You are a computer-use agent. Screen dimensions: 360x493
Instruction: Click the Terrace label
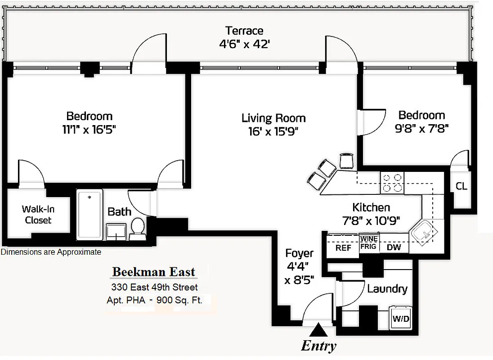click(x=244, y=31)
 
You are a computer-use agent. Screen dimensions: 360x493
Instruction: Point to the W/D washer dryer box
click(x=401, y=319)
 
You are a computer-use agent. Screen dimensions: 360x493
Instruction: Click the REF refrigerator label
click(x=343, y=247)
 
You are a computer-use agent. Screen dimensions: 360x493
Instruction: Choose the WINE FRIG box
click(x=369, y=242)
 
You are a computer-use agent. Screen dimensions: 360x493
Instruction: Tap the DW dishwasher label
click(x=394, y=247)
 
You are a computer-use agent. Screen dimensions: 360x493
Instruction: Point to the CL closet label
click(x=461, y=186)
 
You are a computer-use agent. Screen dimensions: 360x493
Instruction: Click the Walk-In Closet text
click(x=38, y=215)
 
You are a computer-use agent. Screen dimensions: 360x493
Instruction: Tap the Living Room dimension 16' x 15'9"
click(x=273, y=131)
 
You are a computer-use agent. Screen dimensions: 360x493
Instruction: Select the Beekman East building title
click(x=153, y=272)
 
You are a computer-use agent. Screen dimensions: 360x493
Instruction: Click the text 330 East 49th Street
click(x=154, y=287)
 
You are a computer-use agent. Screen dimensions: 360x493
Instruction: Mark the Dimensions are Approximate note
click(x=51, y=252)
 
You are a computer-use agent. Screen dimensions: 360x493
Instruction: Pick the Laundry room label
click(x=387, y=289)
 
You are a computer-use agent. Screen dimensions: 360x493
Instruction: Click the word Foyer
click(x=299, y=253)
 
